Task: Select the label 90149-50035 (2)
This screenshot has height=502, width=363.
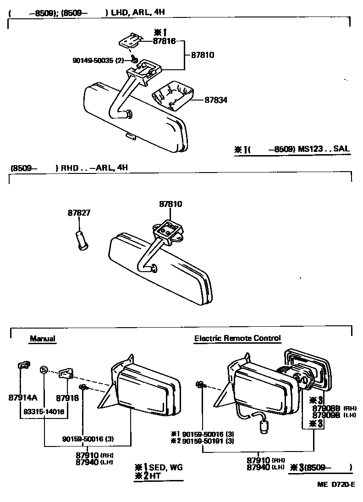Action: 98,60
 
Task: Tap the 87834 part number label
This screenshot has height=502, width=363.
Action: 215,99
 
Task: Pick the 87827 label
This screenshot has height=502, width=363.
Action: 79,213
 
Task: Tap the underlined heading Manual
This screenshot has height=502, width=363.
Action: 42,339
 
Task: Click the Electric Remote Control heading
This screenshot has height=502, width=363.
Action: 237,338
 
